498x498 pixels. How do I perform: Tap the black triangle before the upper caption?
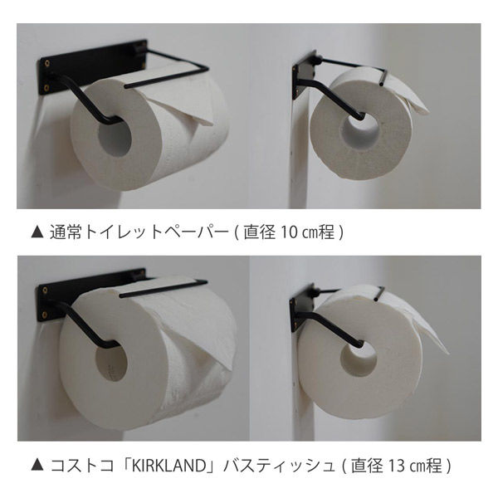pyautogui.click(x=37, y=232)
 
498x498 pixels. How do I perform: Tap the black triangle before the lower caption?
pyautogui.click(x=37, y=466)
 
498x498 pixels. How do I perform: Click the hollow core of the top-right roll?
pyautogui.click(x=360, y=130)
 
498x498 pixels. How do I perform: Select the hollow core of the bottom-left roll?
pyautogui.click(x=111, y=364)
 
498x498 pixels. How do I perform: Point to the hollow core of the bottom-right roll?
pyautogui.click(x=359, y=359)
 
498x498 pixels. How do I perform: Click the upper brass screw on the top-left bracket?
pyautogui.click(x=47, y=64)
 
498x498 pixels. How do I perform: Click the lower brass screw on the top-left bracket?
pyautogui.click(x=46, y=87)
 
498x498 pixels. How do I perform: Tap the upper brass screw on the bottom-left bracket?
pyautogui.click(x=45, y=290)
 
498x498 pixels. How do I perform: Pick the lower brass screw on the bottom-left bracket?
pyautogui.click(x=45, y=315)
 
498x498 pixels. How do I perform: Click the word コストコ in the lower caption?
pyautogui.click(x=82, y=466)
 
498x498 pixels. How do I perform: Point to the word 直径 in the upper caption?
pyautogui.click(x=260, y=232)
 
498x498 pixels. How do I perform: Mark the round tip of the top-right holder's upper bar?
pyautogui.click(x=381, y=84)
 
